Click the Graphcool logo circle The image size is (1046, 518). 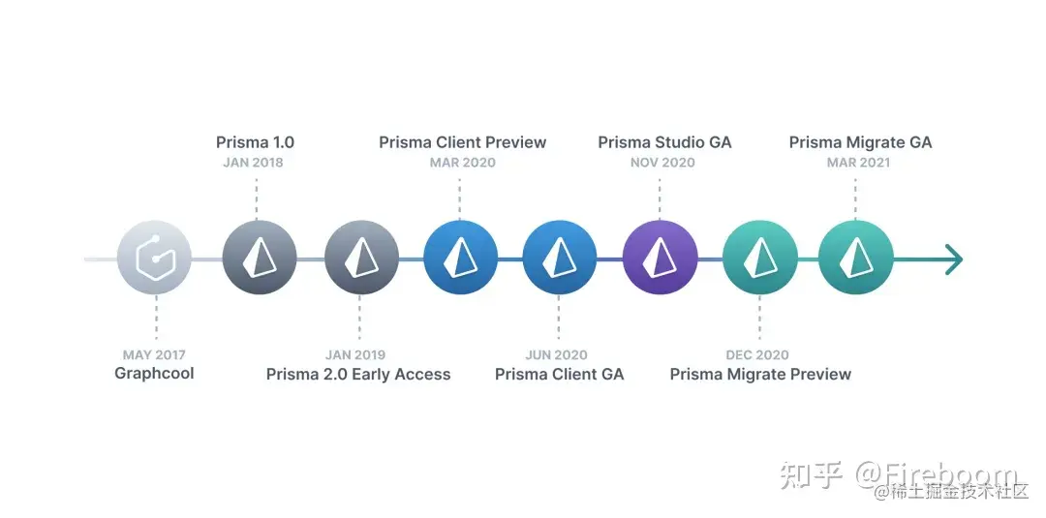pos(155,259)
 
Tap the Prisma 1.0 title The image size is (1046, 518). pos(255,142)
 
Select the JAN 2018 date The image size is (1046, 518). pos(253,163)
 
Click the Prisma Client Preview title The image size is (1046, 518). pos(462,142)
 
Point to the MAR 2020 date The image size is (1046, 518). pos(462,163)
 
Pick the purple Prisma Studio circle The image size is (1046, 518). pos(660,259)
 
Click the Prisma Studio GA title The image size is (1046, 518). pos(664,142)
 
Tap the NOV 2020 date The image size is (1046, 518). pos(662,163)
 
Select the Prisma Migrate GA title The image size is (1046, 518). pos(860,142)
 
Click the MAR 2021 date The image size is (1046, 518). pos(858,163)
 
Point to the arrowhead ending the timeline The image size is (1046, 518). pos(954,259)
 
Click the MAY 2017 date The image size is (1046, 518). pos(154,355)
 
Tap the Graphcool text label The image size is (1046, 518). pos(154,374)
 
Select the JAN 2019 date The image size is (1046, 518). pos(355,355)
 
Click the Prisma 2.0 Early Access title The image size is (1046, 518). pos(358,375)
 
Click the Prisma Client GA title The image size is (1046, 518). pos(559,375)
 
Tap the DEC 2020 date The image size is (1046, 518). pos(757,355)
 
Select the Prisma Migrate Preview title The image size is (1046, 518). pos(760,375)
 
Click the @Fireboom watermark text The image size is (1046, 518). pos(936,474)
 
